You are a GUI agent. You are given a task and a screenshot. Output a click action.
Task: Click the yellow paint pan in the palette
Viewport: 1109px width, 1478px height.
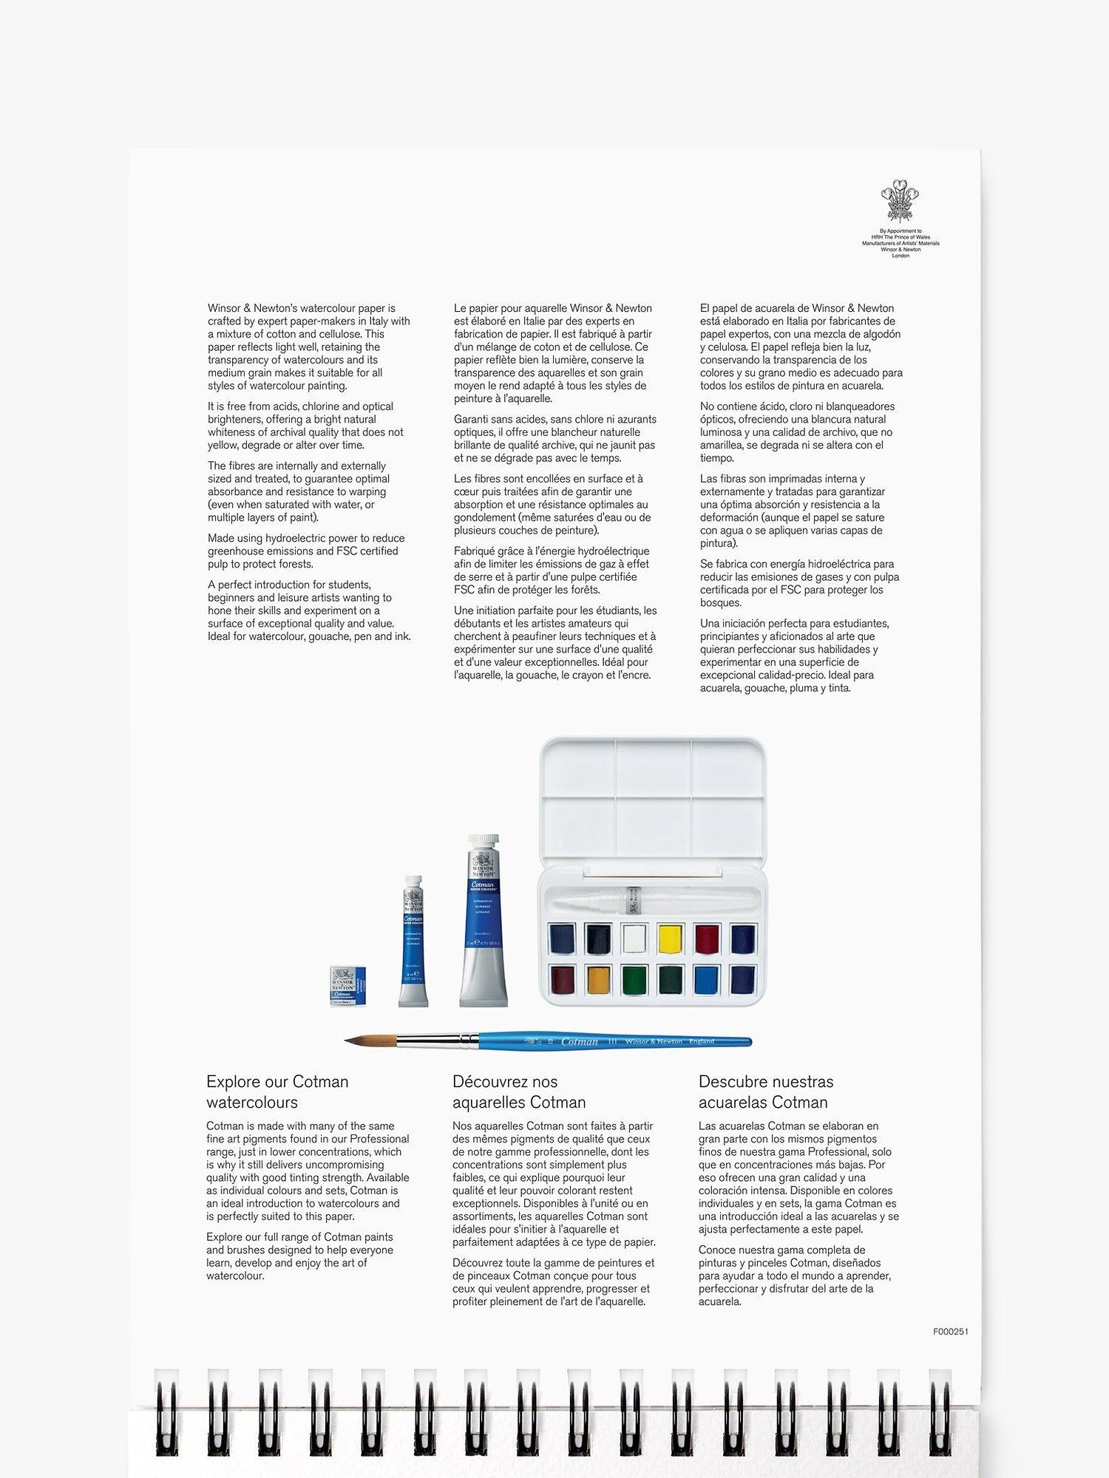(x=671, y=939)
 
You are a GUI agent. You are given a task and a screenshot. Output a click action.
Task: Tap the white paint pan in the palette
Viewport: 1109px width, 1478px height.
(x=634, y=939)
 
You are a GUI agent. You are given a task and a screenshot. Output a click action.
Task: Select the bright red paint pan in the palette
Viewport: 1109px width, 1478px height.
(x=708, y=939)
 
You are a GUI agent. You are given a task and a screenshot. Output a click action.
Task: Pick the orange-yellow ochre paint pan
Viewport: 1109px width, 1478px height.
(x=598, y=980)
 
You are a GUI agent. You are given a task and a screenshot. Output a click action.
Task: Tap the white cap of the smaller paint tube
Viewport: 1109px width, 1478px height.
(x=413, y=883)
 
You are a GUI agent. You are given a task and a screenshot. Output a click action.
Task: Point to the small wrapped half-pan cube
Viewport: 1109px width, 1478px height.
(x=348, y=986)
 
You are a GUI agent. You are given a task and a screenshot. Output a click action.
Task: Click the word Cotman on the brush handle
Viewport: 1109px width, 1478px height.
(x=580, y=1041)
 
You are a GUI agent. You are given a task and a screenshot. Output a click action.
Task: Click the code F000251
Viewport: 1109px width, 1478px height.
(x=951, y=1332)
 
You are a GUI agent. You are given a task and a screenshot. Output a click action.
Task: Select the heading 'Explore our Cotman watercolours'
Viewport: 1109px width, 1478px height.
(x=277, y=1092)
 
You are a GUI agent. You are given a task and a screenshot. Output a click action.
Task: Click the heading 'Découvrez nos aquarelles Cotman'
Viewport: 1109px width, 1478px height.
(x=519, y=1092)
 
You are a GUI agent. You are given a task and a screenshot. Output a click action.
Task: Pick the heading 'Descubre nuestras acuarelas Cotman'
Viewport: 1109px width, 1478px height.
(x=766, y=1092)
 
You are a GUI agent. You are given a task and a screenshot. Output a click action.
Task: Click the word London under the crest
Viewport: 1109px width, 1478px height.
(x=901, y=256)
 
